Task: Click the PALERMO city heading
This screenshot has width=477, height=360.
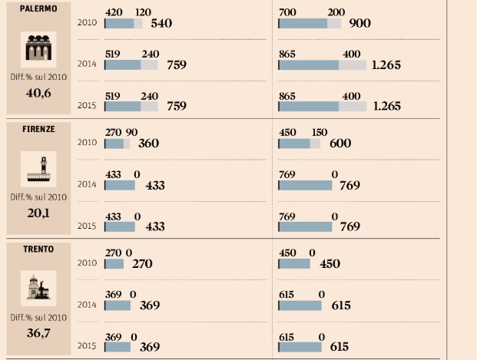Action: coord(38,9)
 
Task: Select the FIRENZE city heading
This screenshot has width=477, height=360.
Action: coord(38,129)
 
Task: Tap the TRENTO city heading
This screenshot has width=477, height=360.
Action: coord(38,249)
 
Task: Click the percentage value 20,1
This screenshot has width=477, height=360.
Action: coord(38,213)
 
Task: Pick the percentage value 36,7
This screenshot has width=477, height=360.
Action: coord(38,332)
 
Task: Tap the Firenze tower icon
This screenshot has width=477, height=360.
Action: coord(38,169)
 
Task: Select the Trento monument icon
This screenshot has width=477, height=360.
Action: coord(38,289)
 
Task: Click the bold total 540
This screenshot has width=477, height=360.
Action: coord(161,24)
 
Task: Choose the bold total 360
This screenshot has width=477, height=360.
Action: coord(148,144)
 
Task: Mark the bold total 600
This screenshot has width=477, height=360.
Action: coord(340,144)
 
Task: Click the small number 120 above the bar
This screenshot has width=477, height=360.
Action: coord(143,12)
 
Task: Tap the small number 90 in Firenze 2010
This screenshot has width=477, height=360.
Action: coord(132,132)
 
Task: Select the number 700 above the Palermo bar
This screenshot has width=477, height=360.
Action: coord(288,12)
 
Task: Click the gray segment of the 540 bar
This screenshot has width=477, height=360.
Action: coord(138,24)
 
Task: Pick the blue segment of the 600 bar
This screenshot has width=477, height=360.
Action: coord(293,144)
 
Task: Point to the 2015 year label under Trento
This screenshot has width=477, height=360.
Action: coord(87,346)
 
